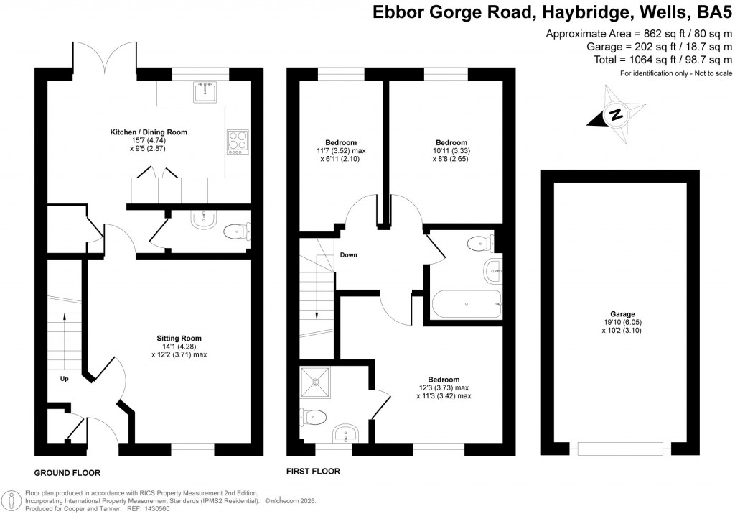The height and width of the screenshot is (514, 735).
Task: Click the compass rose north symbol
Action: point(615,114)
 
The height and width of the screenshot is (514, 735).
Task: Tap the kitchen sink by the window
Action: point(205,91)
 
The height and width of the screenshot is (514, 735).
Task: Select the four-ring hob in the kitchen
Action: point(237,141)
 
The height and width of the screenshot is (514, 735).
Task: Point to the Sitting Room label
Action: point(179,338)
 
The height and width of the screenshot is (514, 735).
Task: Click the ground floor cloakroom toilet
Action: point(235,231)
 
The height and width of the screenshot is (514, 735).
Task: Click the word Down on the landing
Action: point(349,254)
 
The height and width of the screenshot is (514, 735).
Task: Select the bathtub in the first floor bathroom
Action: point(467,304)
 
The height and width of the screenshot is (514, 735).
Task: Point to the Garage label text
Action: point(622,314)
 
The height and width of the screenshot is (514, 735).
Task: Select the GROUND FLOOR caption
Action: point(67,472)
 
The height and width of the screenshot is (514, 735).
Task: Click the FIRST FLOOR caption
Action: point(313,472)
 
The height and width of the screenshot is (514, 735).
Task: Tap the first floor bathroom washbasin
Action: point(493,272)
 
